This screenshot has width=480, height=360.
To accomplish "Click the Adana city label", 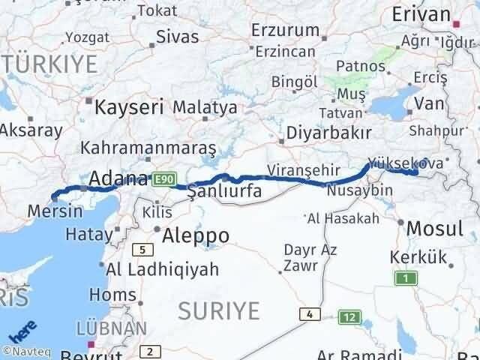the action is [x=117, y=178].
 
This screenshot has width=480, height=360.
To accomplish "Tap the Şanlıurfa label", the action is [x=224, y=191].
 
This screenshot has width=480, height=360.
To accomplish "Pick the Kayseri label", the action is [x=129, y=107].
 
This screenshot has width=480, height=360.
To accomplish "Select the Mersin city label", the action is [x=54, y=211].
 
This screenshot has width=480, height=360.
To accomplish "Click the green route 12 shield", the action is [x=347, y=317].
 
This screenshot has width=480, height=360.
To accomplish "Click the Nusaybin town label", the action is [x=360, y=191].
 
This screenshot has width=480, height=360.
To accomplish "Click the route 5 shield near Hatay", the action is [x=140, y=249].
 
